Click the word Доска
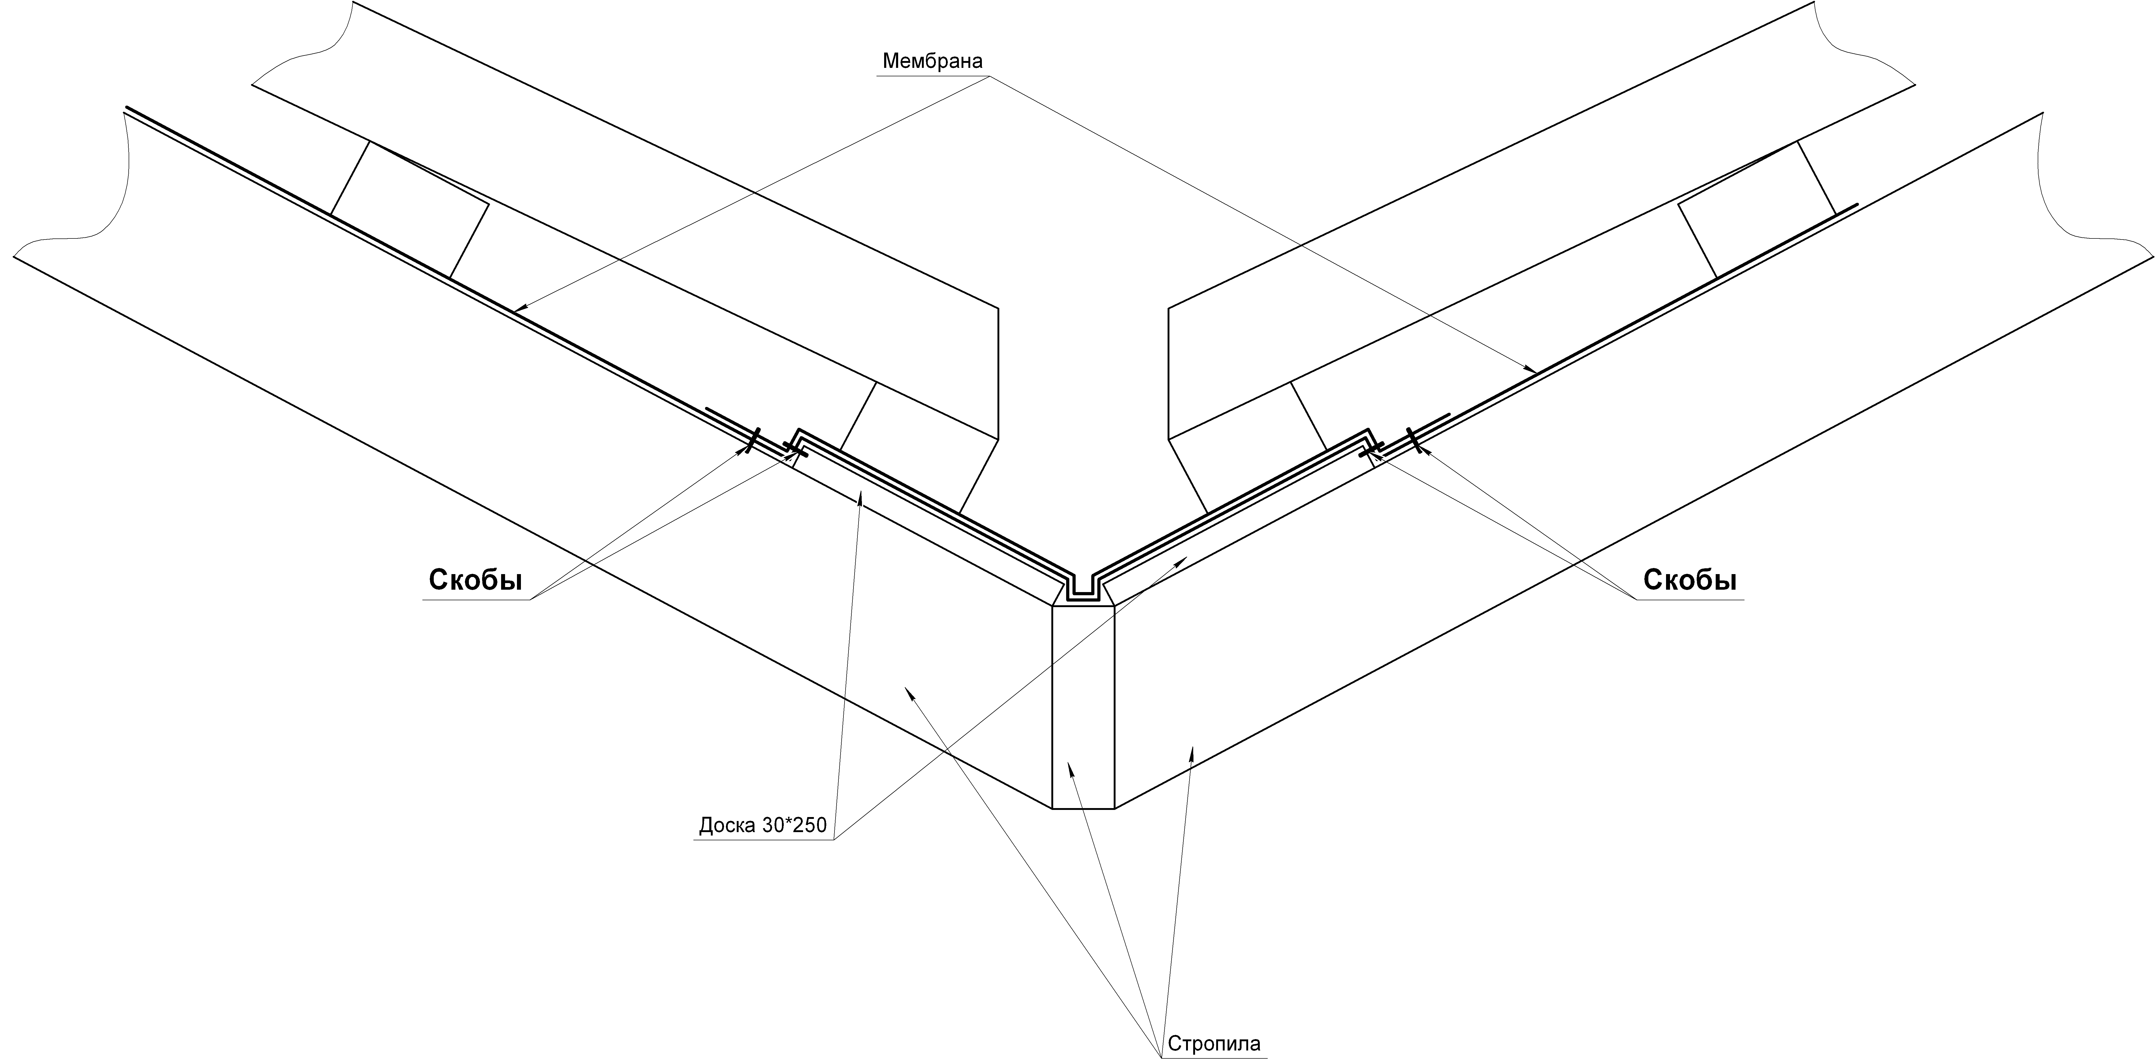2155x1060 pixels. pyautogui.click(x=728, y=826)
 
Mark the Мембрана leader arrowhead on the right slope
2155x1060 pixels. pyautogui.click(x=1531, y=369)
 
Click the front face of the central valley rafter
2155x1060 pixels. pyautogui.click(x=1083, y=707)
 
